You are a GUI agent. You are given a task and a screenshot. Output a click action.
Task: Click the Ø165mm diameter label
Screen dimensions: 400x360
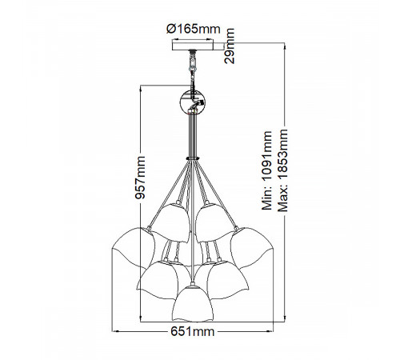(194, 29)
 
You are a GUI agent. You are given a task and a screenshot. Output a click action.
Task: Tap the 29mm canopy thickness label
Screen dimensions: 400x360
(230, 46)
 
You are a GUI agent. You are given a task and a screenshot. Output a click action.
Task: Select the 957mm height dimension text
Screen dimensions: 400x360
(140, 178)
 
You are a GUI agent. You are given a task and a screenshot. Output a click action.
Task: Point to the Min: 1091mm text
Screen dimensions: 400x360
(267, 170)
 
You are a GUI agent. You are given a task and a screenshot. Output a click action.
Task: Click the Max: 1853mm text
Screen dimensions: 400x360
(282, 170)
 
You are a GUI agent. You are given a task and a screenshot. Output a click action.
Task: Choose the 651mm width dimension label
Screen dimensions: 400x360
(193, 332)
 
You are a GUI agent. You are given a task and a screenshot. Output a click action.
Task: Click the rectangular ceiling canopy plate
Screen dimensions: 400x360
(193, 46)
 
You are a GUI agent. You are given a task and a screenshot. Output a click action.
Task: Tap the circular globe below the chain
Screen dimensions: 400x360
(193, 102)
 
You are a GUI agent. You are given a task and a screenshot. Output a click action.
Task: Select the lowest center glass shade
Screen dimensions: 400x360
(193, 303)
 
